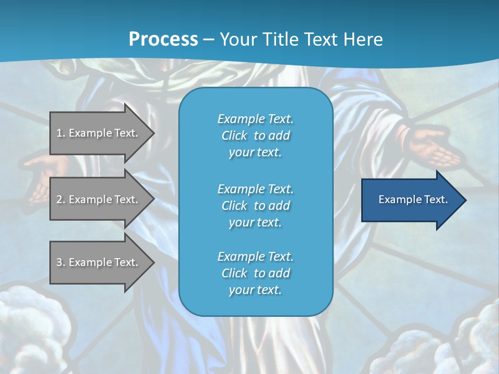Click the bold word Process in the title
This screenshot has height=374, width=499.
(163, 39)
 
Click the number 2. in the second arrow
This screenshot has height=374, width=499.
(60, 199)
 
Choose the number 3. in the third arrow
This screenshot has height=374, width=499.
(60, 262)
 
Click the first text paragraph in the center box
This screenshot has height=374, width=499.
(255, 136)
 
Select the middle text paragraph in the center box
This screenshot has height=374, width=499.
(255, 206)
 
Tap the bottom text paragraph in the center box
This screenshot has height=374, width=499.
(255, 273)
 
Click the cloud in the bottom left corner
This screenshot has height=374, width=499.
(31, 327)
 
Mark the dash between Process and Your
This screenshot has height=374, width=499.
(208, 40)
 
